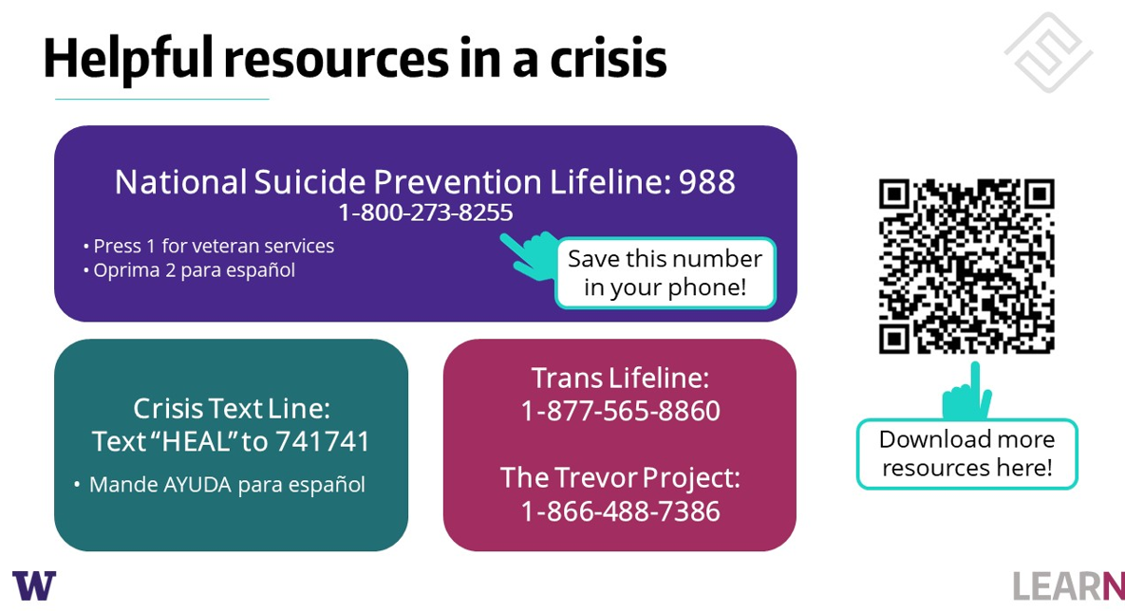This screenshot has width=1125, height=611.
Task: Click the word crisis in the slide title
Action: tap(609, 59)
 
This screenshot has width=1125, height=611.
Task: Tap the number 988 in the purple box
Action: tap(706, 182)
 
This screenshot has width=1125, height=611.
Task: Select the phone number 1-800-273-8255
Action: tap(425, 213)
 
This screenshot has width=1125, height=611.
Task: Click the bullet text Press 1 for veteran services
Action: tap(214, 246)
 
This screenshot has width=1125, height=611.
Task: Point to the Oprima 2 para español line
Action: tap(194, 270)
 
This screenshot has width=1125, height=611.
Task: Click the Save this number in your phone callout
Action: tap(665, 272)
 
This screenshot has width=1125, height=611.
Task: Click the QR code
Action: tap(966, 266)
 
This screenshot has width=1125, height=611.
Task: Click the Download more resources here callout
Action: tap(966, 454)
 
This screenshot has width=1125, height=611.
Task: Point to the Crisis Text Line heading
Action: tap(232, 409)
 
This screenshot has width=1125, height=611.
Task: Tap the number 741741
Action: tap(323, 442)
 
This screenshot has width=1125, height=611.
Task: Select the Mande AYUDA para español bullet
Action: tap(227, 485)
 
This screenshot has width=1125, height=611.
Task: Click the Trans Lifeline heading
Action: tap(620, 378)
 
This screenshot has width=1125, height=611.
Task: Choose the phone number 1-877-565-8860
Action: tap(620, 411)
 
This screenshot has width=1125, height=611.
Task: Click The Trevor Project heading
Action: tap(620, 477)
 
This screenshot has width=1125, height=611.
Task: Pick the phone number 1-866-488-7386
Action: tap(620, 511)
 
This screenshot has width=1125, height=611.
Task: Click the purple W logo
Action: tap(34, 584)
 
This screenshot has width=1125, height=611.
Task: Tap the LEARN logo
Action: tap(1068, 585)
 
